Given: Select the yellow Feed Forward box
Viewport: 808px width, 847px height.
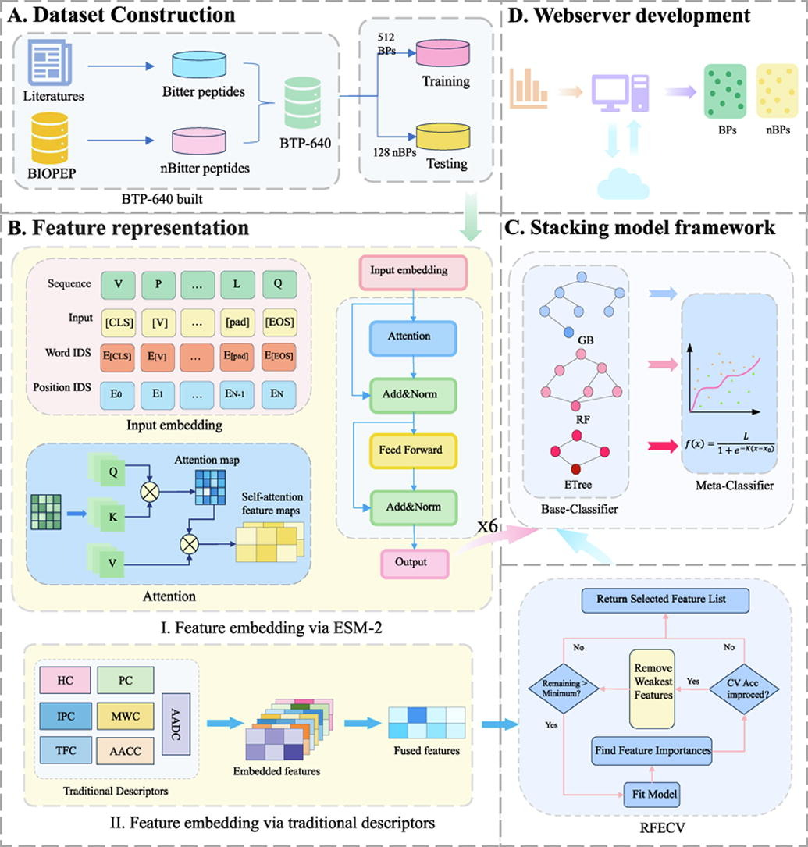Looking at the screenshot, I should (412, 450).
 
